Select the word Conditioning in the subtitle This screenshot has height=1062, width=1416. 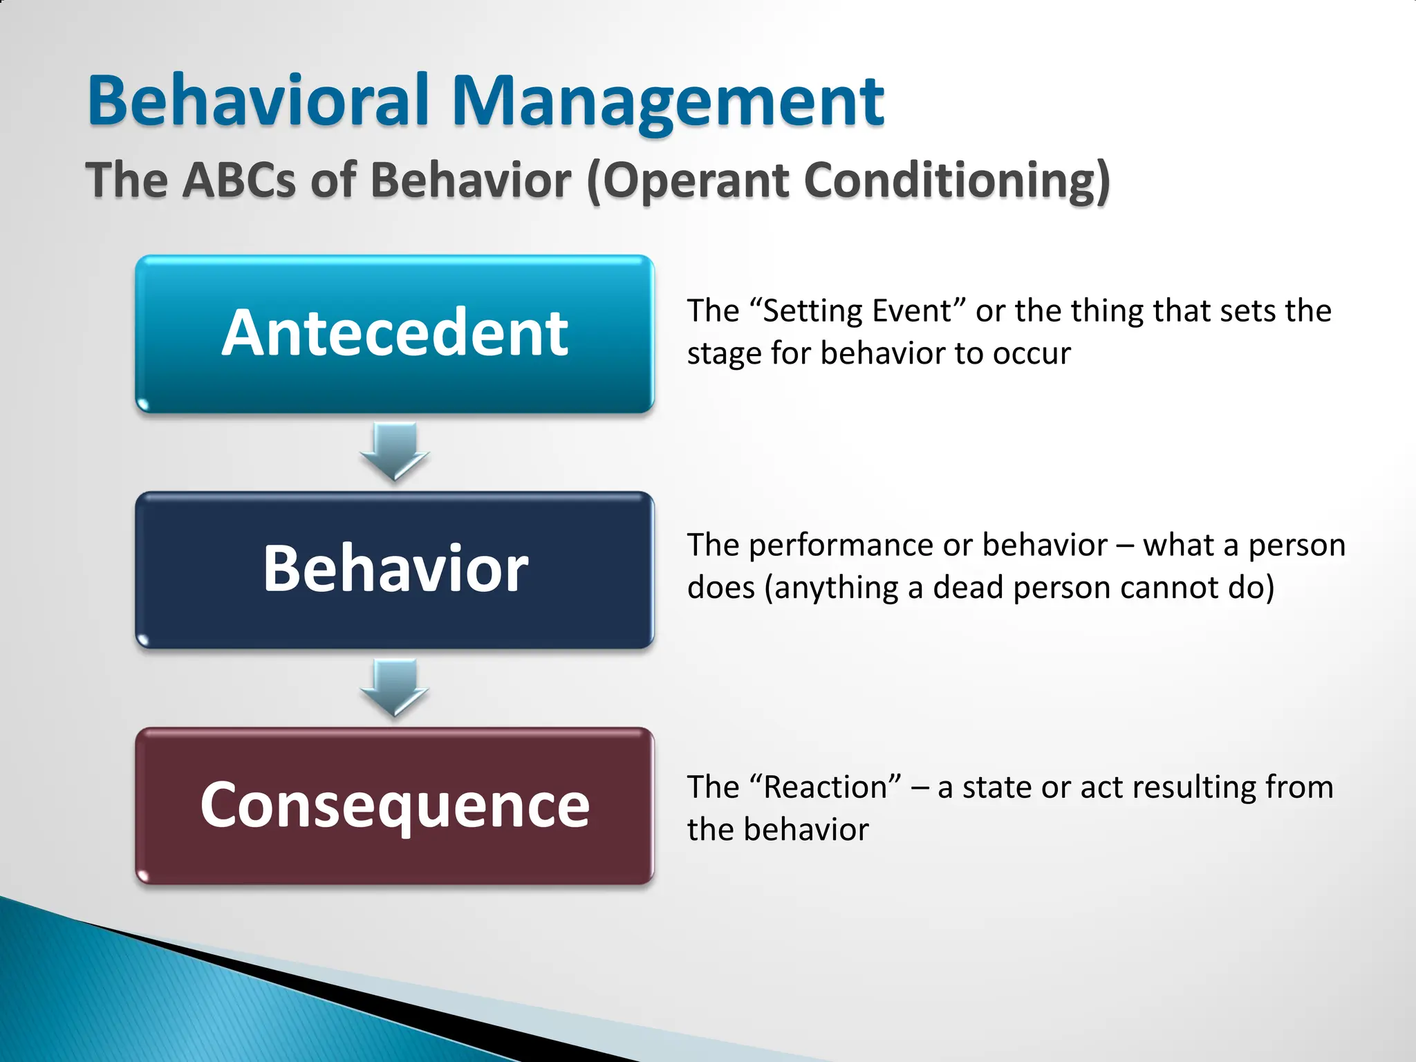pyautogui.click(x=957, y=181)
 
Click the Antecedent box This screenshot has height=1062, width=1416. pyautogui.click(x=394, y=334)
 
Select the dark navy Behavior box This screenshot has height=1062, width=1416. pyautogui.click(x=394, y=570)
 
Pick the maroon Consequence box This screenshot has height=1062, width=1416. pyautogui.click(x=394, y=805)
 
